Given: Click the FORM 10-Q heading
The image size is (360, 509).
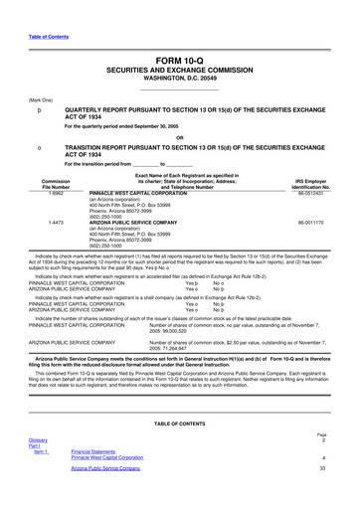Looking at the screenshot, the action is (180, 61).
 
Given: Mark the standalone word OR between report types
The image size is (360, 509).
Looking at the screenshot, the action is (180, 137).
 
